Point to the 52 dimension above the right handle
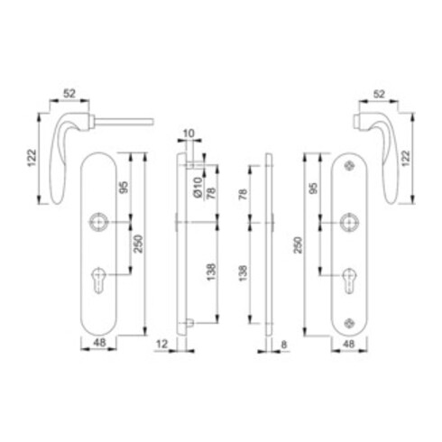point(379,93)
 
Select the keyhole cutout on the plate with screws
point(351,279)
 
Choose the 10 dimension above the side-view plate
point(188,137)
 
